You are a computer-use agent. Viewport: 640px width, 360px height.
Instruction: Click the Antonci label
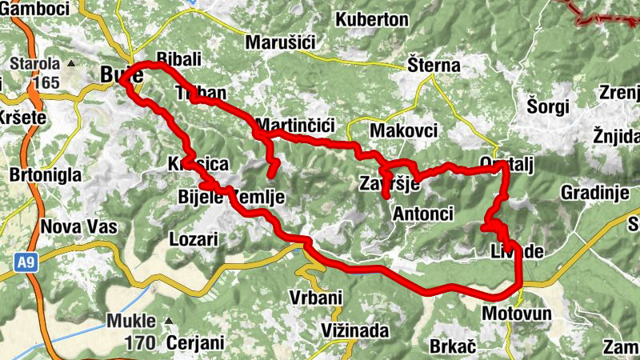[423, 214]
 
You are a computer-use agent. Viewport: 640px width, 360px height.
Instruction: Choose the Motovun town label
[517, 313]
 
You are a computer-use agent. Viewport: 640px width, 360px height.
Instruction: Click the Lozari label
[194, 238]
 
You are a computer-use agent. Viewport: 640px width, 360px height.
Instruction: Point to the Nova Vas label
[78, 226]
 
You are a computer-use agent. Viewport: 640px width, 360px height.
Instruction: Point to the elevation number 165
[46, 82]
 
